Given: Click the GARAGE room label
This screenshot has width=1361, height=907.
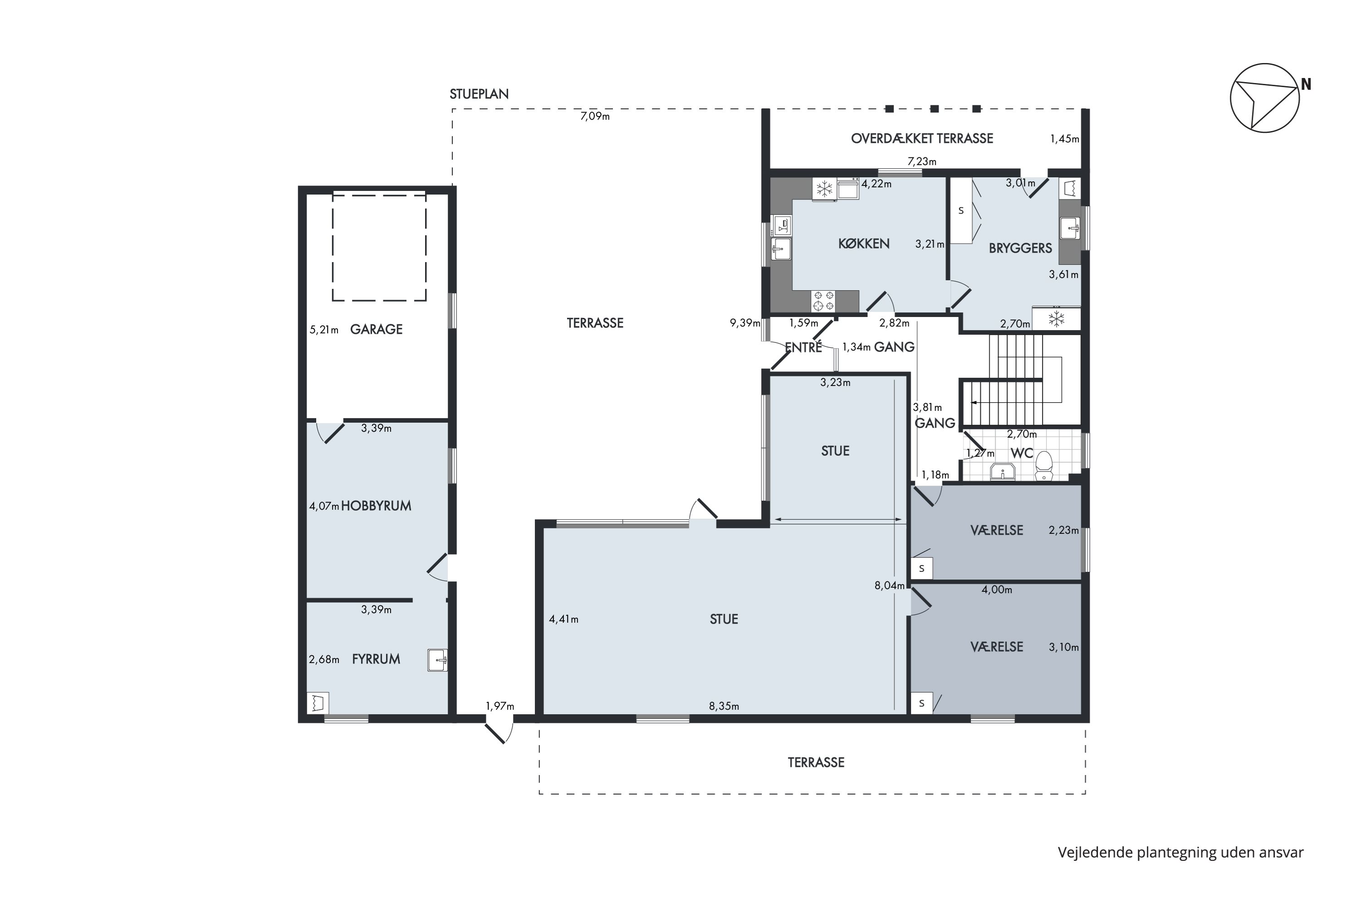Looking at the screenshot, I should pos(376,329).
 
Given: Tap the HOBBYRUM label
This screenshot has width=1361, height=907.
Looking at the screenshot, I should pos(376,506).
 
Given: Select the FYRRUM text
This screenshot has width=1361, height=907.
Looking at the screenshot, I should pos(376,659).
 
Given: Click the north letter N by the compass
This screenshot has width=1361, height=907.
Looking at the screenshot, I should pos(1306,84).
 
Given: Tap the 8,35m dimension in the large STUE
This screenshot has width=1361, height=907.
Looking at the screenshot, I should pos(724,706).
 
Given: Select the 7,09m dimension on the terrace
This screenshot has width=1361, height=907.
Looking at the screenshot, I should pos(595,116).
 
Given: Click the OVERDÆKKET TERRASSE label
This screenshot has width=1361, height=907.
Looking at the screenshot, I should pos(922,138).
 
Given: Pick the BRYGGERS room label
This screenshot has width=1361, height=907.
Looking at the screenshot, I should pos(1020,248).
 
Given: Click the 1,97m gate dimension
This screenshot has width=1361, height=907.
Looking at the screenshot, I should pos(500,706).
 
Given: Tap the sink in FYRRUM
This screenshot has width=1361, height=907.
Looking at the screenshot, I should pos(437,659).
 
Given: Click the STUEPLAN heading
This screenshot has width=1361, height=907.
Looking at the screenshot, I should pos(479,94).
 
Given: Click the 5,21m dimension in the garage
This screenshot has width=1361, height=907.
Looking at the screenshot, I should pos(324,330).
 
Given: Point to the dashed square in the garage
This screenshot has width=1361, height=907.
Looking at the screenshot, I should pos(379,248).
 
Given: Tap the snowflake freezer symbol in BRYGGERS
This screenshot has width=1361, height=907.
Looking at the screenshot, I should pos(1057,318).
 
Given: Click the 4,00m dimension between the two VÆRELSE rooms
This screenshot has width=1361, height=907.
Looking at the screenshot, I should pos(996,590).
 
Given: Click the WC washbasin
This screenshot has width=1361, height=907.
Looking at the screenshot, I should pos(1002,472).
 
